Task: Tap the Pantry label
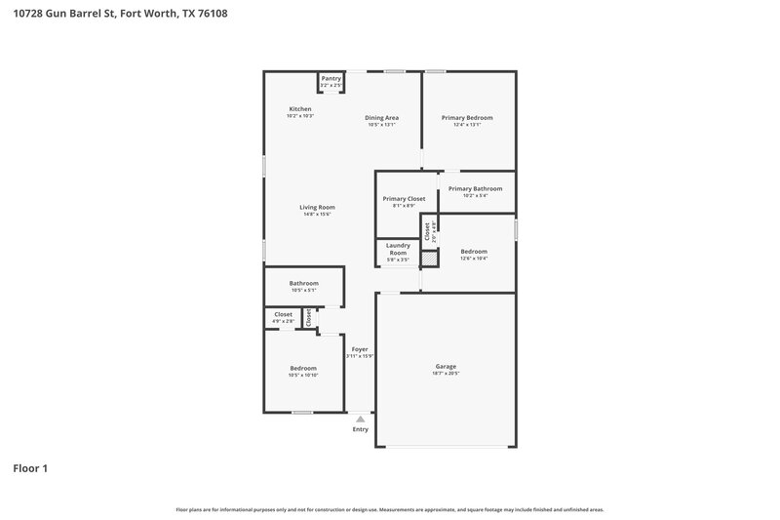331,78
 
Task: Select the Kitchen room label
300,108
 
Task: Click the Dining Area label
382,117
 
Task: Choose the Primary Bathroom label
475,188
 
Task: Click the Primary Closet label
404,198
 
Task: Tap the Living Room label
317,207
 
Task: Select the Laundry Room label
397,249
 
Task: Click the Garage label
446,366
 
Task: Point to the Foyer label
360,348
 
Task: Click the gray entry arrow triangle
360,419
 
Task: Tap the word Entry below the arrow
361,429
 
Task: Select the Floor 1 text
30,468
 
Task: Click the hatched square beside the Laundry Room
427,259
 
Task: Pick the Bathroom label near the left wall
303,283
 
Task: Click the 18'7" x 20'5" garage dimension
446,374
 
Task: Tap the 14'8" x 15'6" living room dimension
317,215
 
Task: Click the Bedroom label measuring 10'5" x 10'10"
302,368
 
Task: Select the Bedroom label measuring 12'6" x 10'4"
474,251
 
